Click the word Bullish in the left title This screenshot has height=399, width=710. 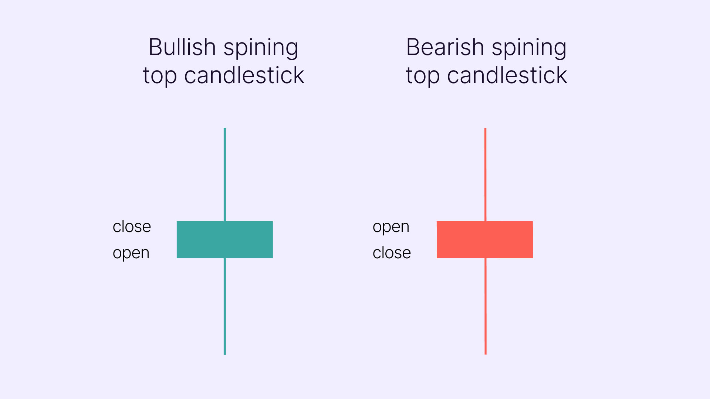click(x=183, y=47)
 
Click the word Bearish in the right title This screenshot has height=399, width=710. click(x=445, y=47)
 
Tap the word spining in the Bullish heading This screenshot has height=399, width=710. click(x=261, y=49)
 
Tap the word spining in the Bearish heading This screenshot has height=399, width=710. click(x=529, y=49)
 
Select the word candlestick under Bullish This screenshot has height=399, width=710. click(x=244, y=75)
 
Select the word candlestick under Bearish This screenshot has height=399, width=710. click(x=507, y=75)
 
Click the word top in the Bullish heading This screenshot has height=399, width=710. click(x=160, y=77)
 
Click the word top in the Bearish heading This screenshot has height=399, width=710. click(x=423, y=77)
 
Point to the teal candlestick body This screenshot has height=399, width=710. click(x=225, y=240)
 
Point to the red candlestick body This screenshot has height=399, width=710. click(x=485, y=240)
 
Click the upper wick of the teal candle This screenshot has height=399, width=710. click(x=225, y=175)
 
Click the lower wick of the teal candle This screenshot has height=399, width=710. click(x=225, y=306)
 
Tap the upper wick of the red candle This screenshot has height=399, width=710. click(x=486, y=175)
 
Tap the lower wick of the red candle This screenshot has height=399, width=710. click(x=486, y=306)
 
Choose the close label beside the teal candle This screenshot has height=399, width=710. click(x=132, y=226)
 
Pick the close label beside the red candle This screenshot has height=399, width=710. click(x=392, y=253)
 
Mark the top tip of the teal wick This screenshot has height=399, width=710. click(x=225, y=128)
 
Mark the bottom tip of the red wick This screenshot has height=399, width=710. click(x=486, y=354)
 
